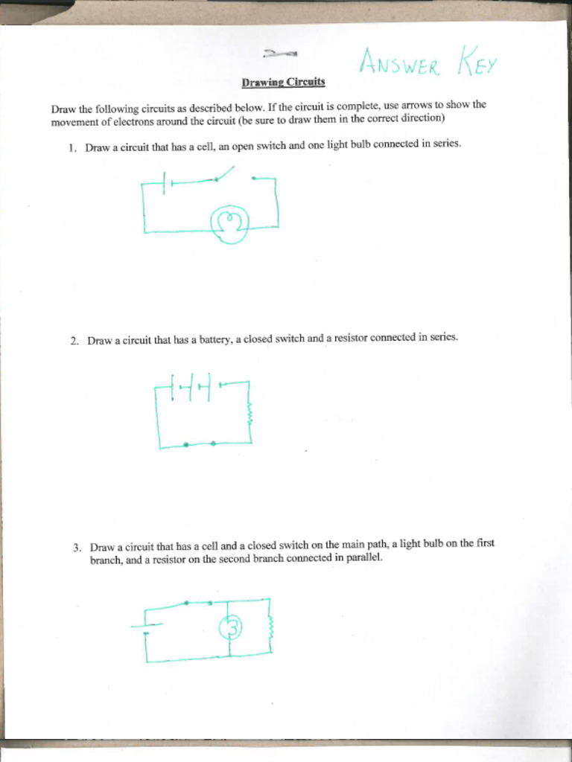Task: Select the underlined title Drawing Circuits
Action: pyautogui.click(x=283, y=81)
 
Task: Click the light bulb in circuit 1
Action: pyautogui.click(x=229, y=222)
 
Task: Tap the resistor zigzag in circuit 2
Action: pyautogui.click(x=250, y=414)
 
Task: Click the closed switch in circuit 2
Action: pyautogui.click(x=200, y=444)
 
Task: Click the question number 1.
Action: pyautogui.click(x=71, y=148)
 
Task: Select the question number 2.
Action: pyautogui.click(x=74, y=342)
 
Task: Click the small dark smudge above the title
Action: pyautogui.click(x=280, y=54)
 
